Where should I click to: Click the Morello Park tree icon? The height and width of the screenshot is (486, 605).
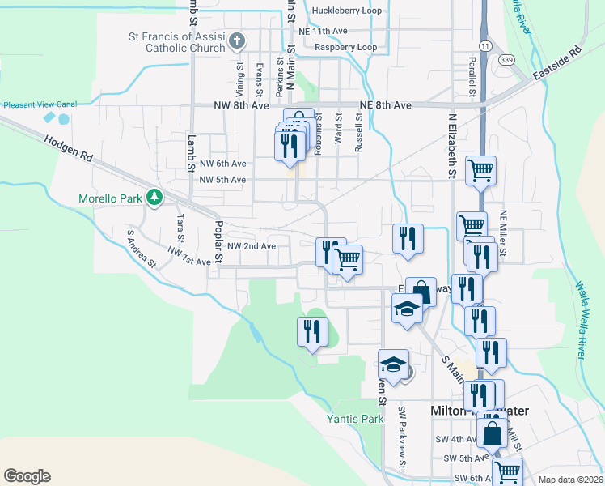(153, 197)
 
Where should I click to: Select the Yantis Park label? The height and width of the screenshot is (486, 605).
(354, 419)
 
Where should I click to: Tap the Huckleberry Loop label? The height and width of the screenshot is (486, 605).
(346, 11)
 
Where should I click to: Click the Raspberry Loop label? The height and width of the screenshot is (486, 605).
(345, 48)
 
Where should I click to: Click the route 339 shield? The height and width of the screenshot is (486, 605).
(507, 59)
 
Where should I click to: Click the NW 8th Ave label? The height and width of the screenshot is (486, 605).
(241, 105)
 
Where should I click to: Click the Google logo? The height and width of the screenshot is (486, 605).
(27, 476)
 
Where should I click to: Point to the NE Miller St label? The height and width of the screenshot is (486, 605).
(503, 234)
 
